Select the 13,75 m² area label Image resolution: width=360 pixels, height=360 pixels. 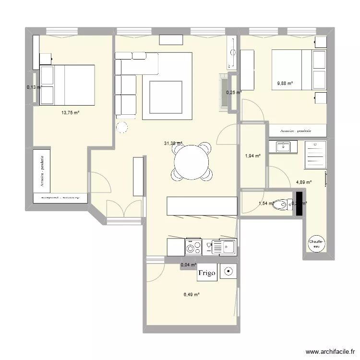70,113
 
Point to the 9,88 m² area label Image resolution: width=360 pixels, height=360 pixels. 285,84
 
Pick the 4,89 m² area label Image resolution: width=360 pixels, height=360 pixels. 304,182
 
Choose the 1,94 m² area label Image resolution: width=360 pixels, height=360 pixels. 252,156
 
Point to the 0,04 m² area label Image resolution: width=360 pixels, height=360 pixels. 189,264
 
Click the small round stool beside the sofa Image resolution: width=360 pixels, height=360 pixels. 122,128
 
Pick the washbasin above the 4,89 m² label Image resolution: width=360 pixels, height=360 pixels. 283,146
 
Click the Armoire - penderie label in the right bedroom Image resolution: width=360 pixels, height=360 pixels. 296,130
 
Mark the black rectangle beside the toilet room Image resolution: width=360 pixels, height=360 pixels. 299,204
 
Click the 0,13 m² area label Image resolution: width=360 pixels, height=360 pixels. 34,87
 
